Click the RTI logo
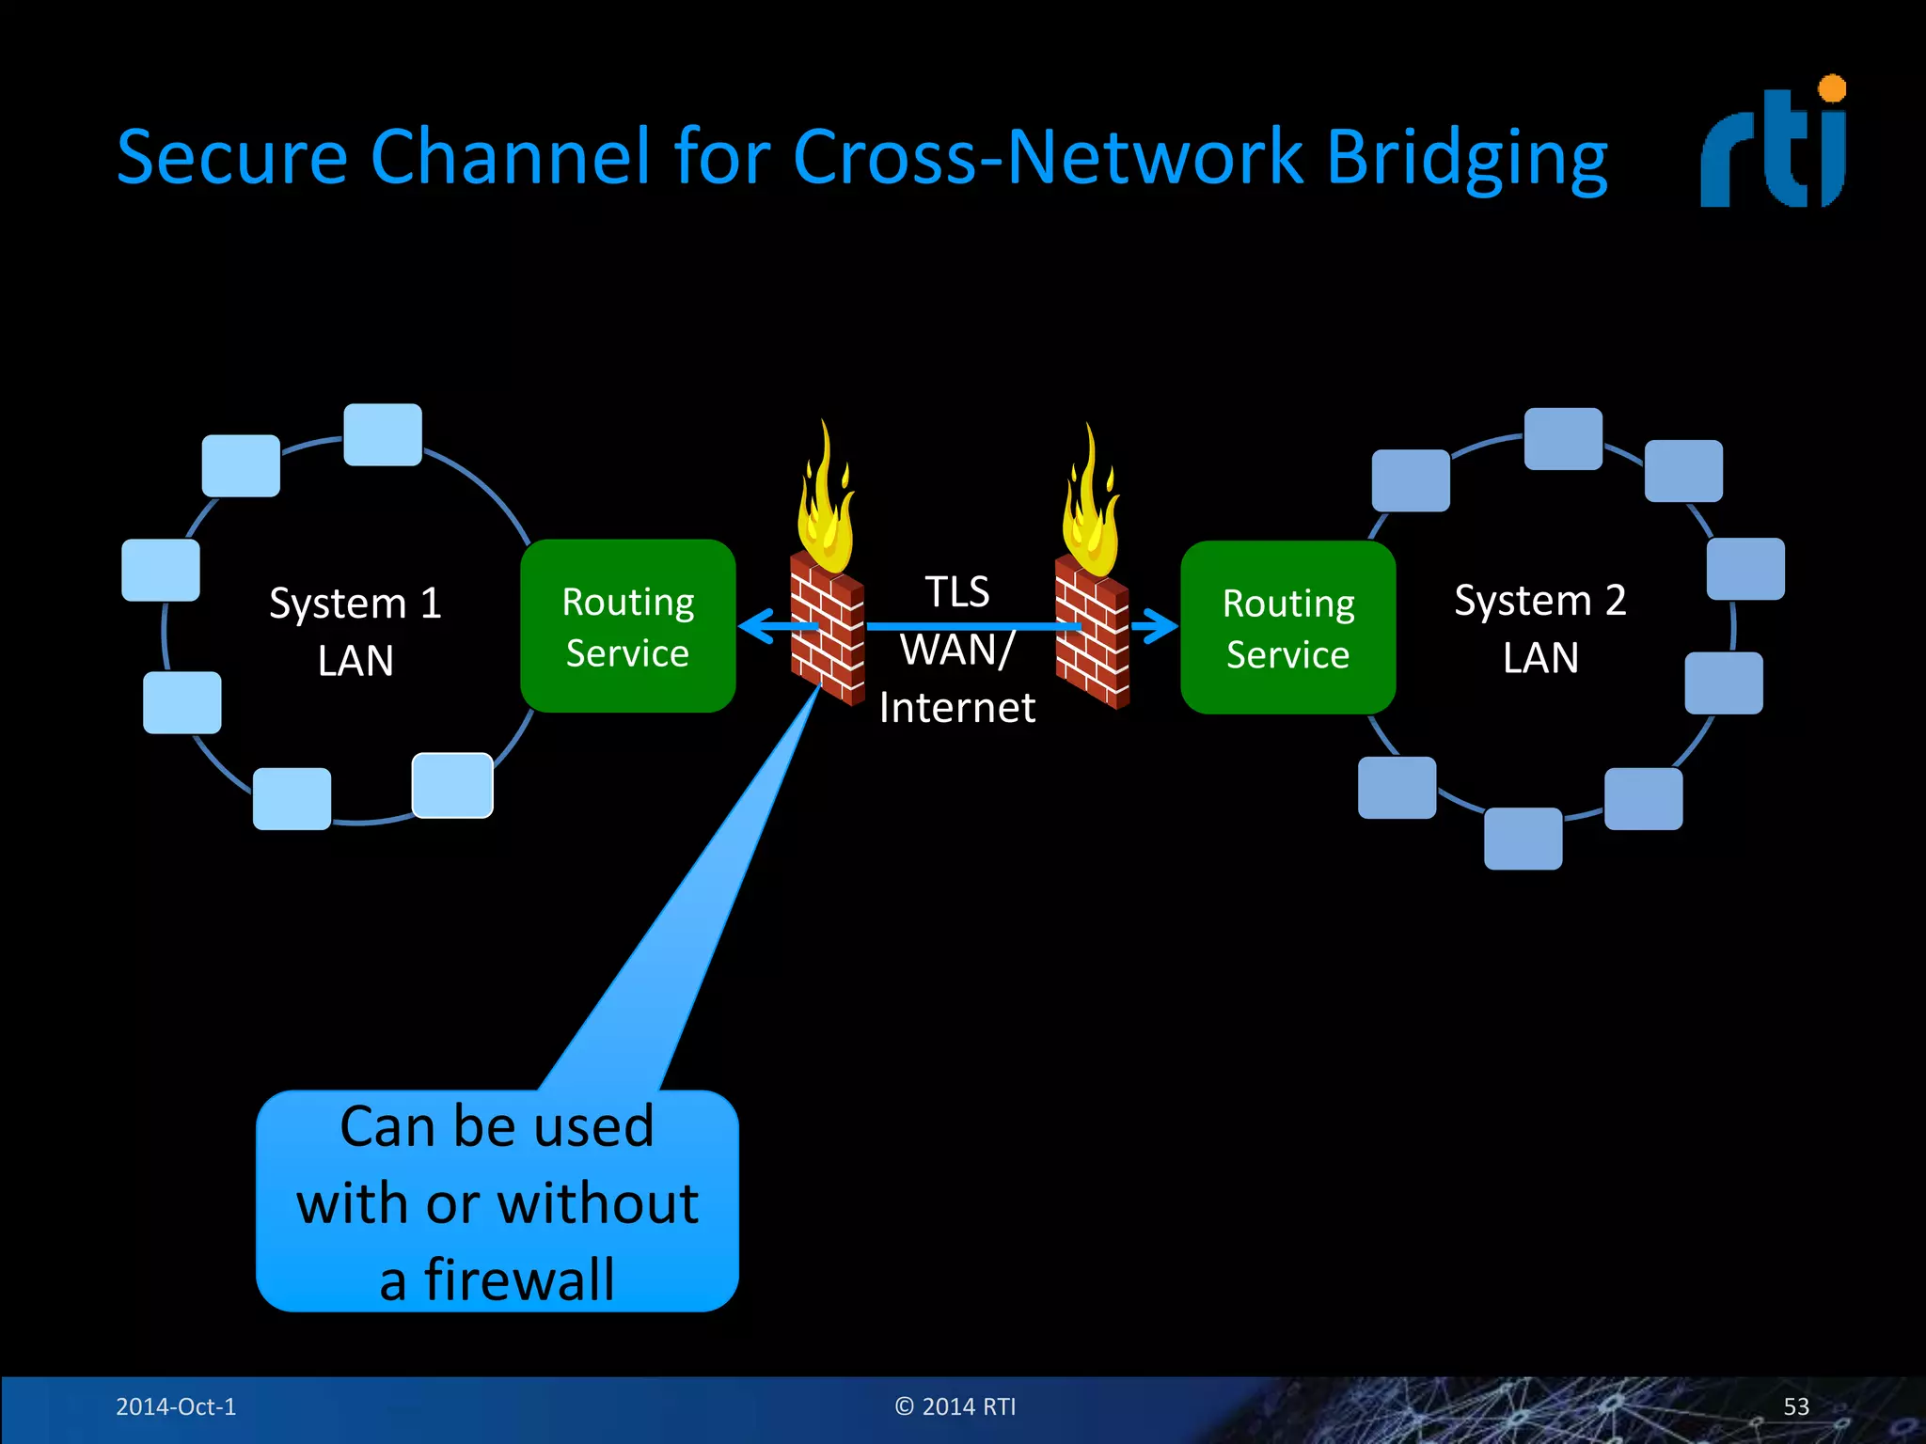(1772, 146)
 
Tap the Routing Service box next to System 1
(627, 626)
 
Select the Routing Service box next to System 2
(1287, 628)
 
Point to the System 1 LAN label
(355, 631)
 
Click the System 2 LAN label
(1539, 628)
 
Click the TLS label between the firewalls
(956, 592)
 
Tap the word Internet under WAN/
(956, 708)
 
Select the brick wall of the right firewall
(1092, 639)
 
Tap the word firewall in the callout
(519, 1279)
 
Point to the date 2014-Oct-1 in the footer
(176, 1406)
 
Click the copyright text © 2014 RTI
(955, 1406)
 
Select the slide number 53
(1795, 1406)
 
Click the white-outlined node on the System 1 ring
(452, 785)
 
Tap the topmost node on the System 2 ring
(1563, 438)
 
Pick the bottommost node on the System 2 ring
(1523, 839)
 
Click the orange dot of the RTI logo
(1832, 88)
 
